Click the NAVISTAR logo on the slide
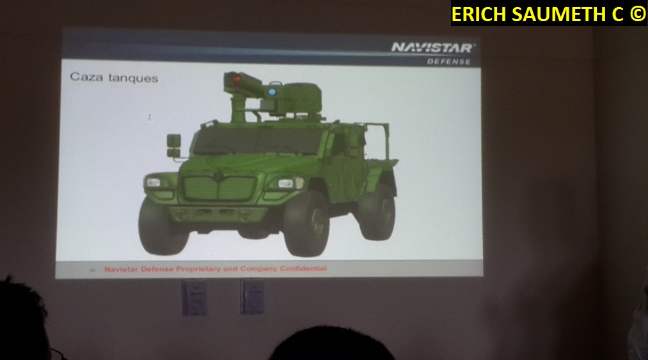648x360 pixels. tap(432, 48)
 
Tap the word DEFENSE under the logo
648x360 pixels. tap(449, 61)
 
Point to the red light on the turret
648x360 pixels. tap(237, 79)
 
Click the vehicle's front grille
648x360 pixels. tap(220, 189)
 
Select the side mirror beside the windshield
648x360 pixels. tap(173, 146)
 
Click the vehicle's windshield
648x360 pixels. tap(257, 141)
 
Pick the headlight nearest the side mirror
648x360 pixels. tap(154, 182)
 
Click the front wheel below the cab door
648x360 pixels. tap(306, 224)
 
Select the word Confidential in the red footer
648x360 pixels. tap(303, 269)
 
